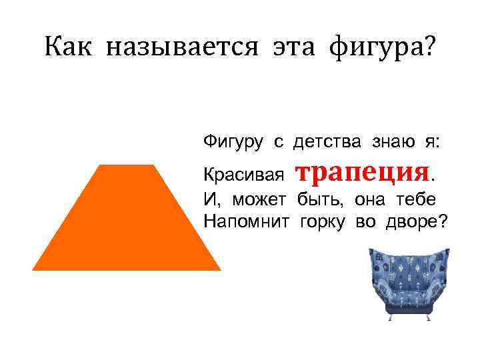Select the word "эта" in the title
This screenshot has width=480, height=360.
(287, 47)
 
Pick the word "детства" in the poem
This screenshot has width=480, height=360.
(328, 141)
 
